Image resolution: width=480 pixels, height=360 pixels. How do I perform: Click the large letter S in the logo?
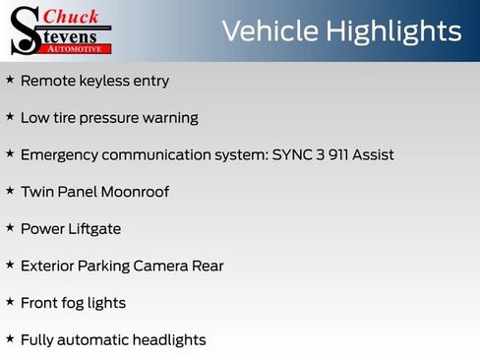click(24, 30)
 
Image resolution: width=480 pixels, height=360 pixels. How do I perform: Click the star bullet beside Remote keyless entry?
click(10, 80)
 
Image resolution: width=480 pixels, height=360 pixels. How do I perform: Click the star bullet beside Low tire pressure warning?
click(10, 116)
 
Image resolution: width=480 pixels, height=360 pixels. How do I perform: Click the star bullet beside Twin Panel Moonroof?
click(10, 190)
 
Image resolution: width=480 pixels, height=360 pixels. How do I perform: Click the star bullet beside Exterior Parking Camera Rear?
click(10, 265)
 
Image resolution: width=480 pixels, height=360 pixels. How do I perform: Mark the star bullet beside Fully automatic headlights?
click(10, 338)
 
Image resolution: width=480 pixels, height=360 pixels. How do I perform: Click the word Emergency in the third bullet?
click(62, 155)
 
